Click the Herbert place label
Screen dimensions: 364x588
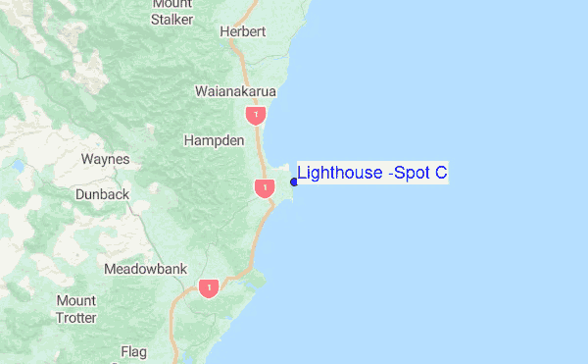click(243, 31)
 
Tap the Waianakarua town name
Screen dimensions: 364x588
click(236, 91)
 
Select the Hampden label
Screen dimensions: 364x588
click(214, 140)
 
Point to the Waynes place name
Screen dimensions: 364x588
click(105, 158)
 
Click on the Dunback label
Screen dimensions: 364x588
click(102, 194)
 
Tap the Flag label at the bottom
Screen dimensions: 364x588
click(133, 351)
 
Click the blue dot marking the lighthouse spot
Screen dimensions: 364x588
click(294, 182)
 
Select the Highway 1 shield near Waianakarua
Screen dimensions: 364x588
click(256, 116)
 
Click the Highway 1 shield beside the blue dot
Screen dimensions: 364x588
click(264, 187)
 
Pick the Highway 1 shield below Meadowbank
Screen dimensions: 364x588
click(208, 288)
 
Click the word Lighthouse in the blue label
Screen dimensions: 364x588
click(340, 174)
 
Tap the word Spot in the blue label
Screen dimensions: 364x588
click(412, 174)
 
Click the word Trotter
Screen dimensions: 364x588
click(76, 317)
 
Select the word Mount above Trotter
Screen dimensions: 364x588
click(76, 300)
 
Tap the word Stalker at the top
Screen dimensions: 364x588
click(172, 19)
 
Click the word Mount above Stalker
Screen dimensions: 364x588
click(172, 4)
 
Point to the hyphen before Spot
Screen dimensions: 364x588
click(391, 175)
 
